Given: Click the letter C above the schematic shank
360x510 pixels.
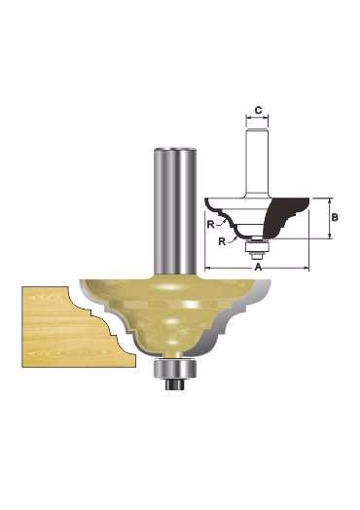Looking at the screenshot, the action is point(258,111).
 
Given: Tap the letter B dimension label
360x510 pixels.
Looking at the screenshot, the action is point(335,217).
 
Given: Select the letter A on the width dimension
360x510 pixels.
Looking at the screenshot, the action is point(258,268).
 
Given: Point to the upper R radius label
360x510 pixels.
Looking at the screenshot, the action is point(211,225).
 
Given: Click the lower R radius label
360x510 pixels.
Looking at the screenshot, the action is point(222,241).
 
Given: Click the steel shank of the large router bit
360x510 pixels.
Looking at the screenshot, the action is point(175,211).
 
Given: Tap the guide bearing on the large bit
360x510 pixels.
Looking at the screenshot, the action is point(175,369).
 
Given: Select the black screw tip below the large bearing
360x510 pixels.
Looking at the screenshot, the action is point(175,384).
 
